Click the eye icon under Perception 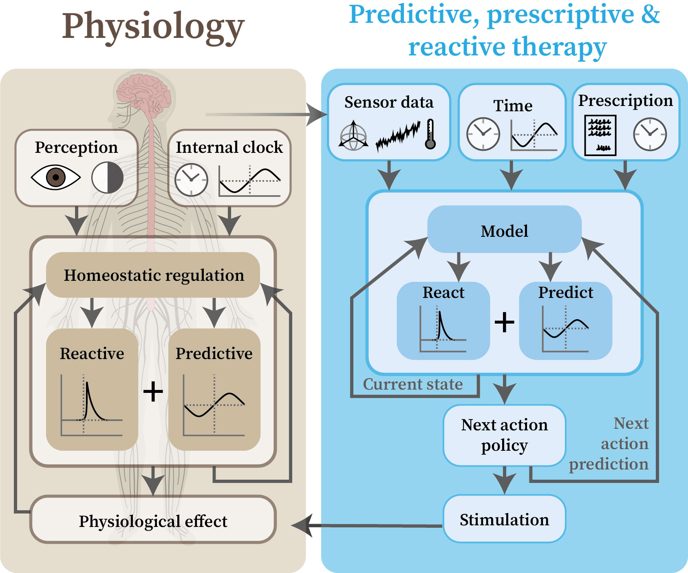(x=56, y=178)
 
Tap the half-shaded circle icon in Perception (x=108, y=178)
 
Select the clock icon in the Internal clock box (x=192, y=180)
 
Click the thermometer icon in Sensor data (x=430, y=134)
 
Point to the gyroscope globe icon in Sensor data (x=353, y=135)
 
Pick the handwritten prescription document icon (x=600, y=135)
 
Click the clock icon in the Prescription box (x=650, y=134)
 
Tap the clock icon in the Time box (x=483, y=134)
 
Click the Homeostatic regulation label (x=154, y=275)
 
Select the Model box (x=505, y=229)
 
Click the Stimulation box (x=505, y=519)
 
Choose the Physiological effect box (x=153, y=520)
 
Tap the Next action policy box (x=505, y=435)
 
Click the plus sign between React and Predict (x=505, y=322)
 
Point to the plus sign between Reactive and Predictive (x=153, y=392)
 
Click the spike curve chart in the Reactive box (x=92, y=405)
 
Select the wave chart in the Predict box (x=565, y=328)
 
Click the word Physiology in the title (x=153, y=27)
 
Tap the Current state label (x=413, y=384)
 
